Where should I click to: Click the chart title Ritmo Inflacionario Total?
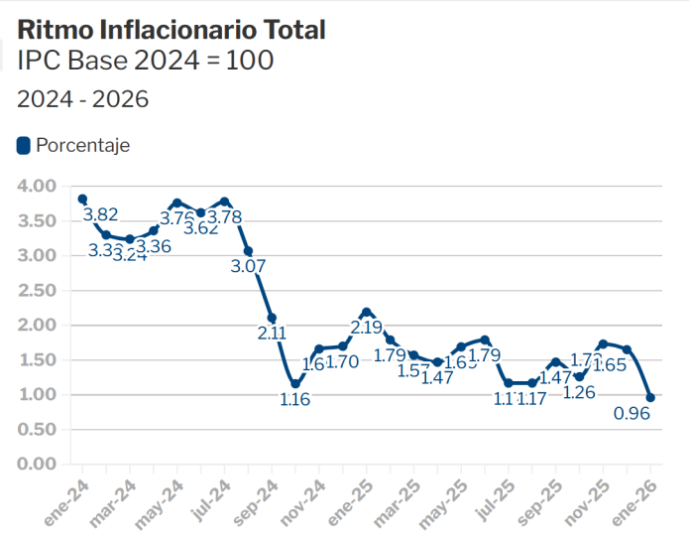pyautogui.click(x=172, y=30)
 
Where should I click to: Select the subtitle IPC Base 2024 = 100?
pyautogui.click(x=146, y=62)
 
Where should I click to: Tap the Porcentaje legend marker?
pyautogui.click(x=24, y=146)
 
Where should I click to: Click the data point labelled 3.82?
pyautogui.click(x=82, y=199)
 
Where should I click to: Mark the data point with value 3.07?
pyautogui.click(x=248, y=251)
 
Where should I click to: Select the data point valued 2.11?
pyautogui.click(x=272, y=318)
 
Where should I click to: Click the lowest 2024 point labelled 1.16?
pyautogui.click(x=295, y=383)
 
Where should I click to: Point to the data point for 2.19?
pyautogui.click(x=367, y=312)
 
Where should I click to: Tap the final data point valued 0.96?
pyautogui.click(x=650, y=397)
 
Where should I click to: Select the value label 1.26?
pyautogui.click(x=579, y=392)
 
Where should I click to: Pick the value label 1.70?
pyautogui.click(x=342, y=362)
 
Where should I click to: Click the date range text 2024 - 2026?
pyautogui.click(x=82, y=100)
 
